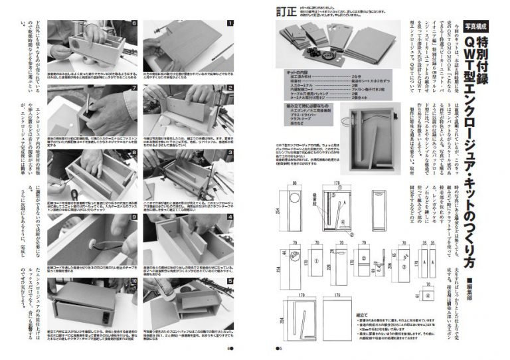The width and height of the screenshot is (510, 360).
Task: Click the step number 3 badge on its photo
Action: click(x=230, y=151)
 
